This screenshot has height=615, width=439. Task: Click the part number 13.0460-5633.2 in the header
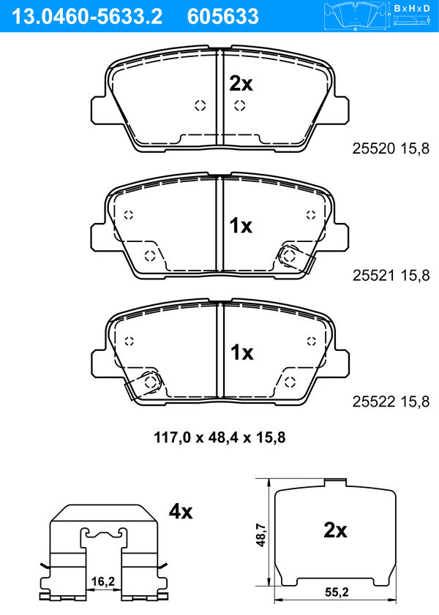(x=87, y=17)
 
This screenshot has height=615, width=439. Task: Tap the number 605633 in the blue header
(x=223, y=17)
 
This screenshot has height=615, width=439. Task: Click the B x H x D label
(x=412, y=8)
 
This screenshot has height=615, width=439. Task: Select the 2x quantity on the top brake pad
(x=241, y=83)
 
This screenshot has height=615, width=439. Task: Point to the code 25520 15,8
(x=391, y=148)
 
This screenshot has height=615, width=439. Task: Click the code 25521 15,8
(x=391, y=276)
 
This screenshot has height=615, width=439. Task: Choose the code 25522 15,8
(x=391, y=401)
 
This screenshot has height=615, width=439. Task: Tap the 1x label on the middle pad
(x=241, y=226)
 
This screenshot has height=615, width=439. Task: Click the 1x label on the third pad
(x=241, y=352)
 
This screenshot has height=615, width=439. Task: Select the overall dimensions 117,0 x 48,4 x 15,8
(x=219, y=437)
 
